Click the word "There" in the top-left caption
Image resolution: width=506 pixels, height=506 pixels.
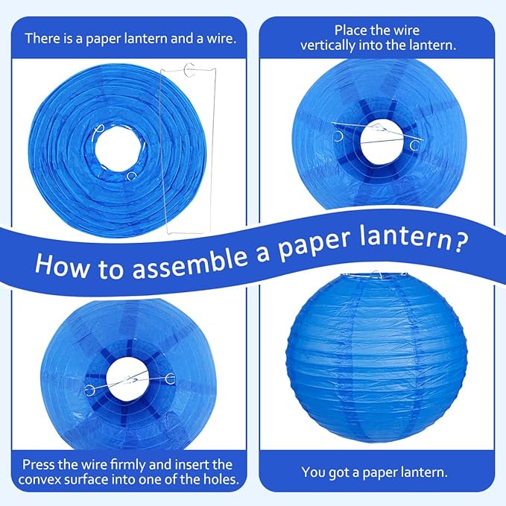click(40, 37)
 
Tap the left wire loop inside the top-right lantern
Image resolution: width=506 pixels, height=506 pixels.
click(340, 136)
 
